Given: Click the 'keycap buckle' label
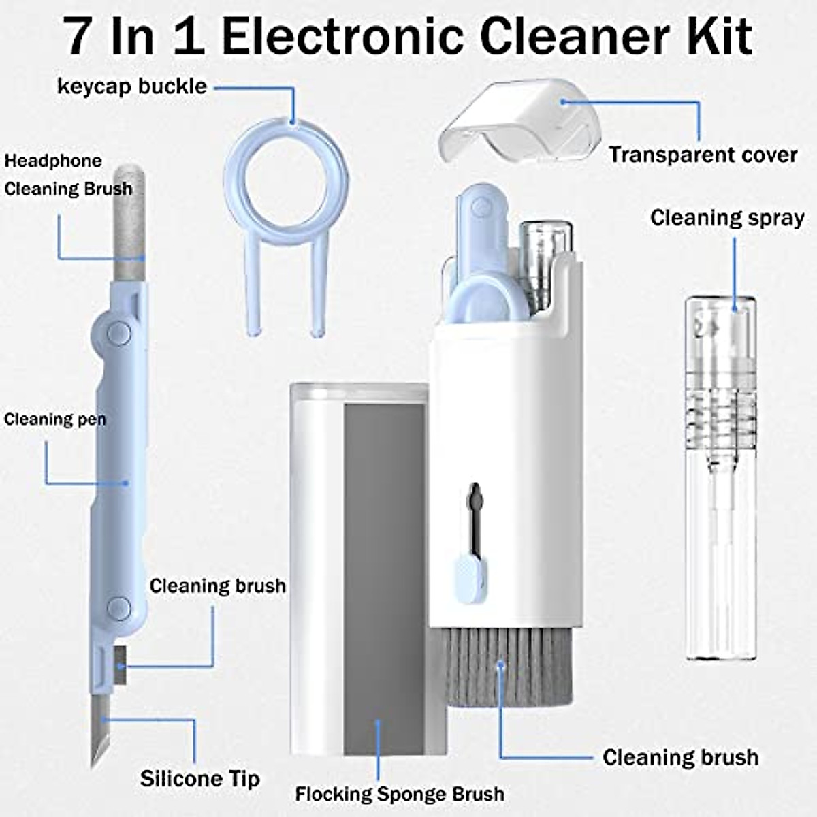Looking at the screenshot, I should [131, 86].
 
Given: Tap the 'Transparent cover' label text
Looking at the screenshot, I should [703, 155].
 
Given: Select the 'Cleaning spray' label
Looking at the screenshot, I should [726, 218].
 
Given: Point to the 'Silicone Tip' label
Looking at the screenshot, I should [199, 778].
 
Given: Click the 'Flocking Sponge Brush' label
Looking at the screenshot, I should [400, 794].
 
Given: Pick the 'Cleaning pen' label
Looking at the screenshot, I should [54, 419].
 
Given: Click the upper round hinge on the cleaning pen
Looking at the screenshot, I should [118, 332].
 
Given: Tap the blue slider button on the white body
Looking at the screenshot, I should [469, 571].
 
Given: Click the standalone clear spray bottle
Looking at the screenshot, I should [720, 477].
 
